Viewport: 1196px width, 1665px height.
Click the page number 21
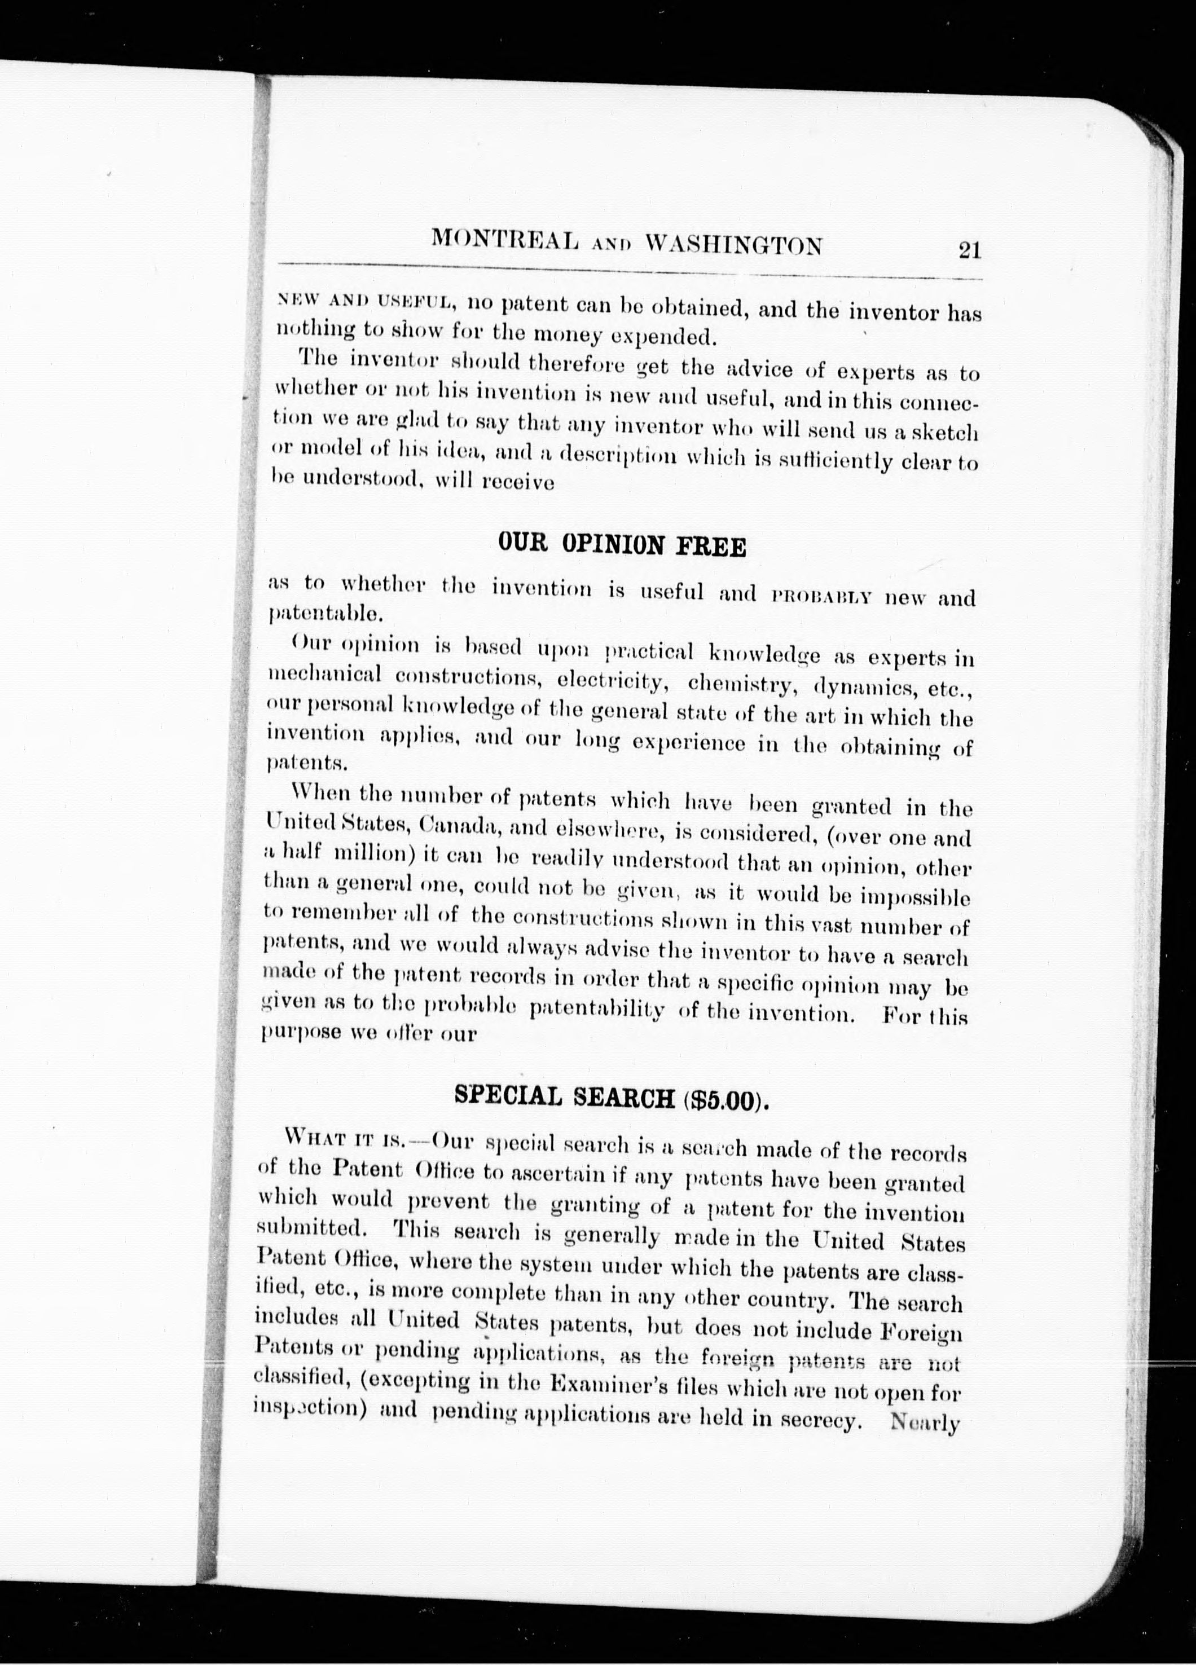[969, 250]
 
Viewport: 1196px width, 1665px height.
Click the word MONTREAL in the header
[504, 240]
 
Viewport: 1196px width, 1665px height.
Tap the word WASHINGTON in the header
[733, 244]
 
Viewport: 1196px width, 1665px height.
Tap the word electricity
[612, 681]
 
